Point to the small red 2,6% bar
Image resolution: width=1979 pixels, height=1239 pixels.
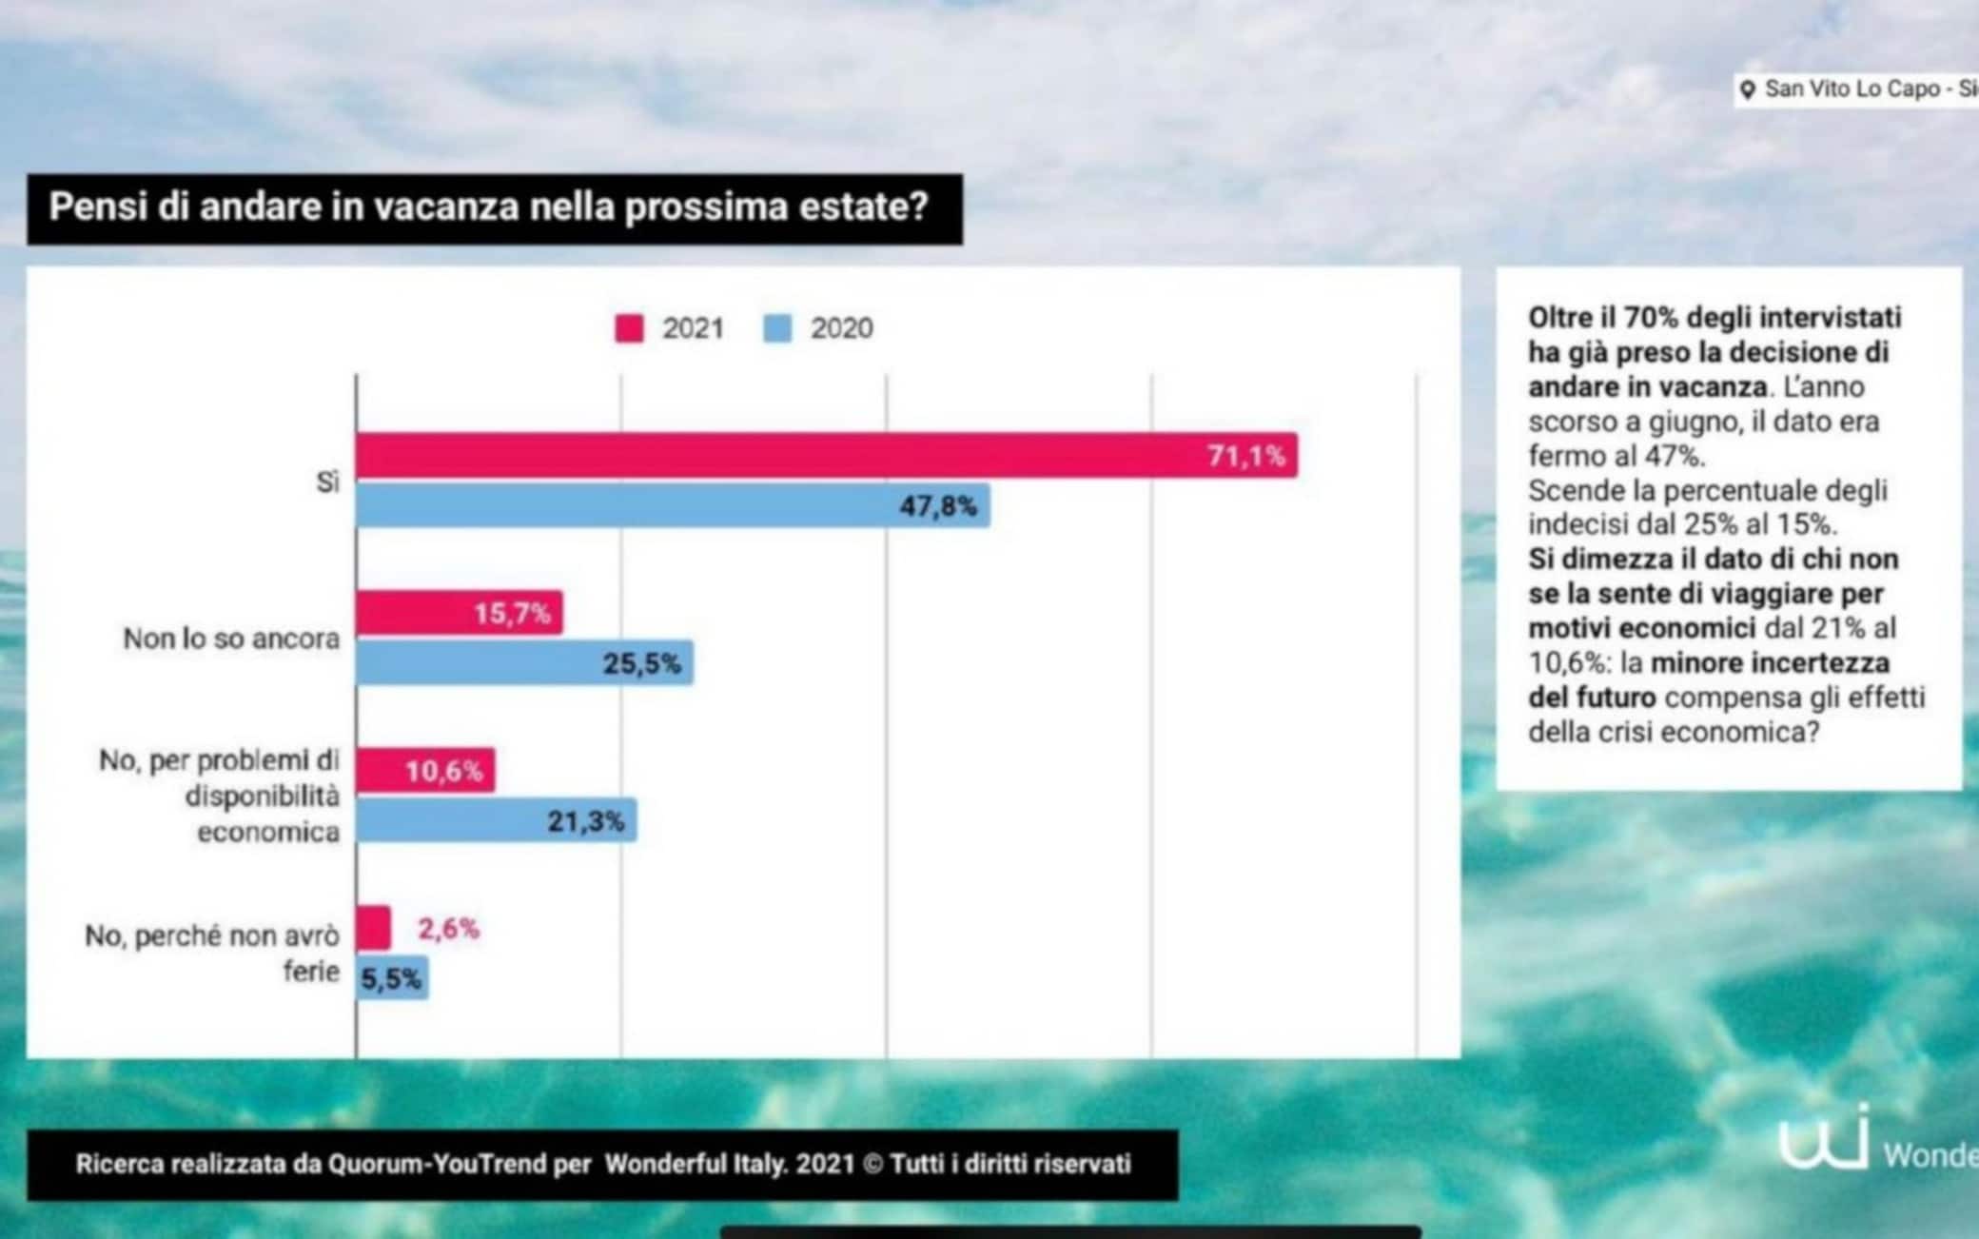click(373, 928)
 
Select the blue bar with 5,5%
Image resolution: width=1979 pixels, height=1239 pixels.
click(392, 978)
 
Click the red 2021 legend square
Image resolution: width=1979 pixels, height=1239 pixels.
click(629, 328)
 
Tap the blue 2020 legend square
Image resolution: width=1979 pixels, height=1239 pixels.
click(777, 328)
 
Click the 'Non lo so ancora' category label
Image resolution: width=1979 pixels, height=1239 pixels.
click(231, 639)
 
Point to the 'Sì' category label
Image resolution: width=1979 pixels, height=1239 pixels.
click(327, 482)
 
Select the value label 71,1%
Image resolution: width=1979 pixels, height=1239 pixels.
click(1246, 456)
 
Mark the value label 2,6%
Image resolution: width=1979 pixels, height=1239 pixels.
click(448, 928)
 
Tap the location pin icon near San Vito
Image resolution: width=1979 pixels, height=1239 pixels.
click(1747, 90)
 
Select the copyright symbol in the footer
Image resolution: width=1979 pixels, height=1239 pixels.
click(872, 1164)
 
